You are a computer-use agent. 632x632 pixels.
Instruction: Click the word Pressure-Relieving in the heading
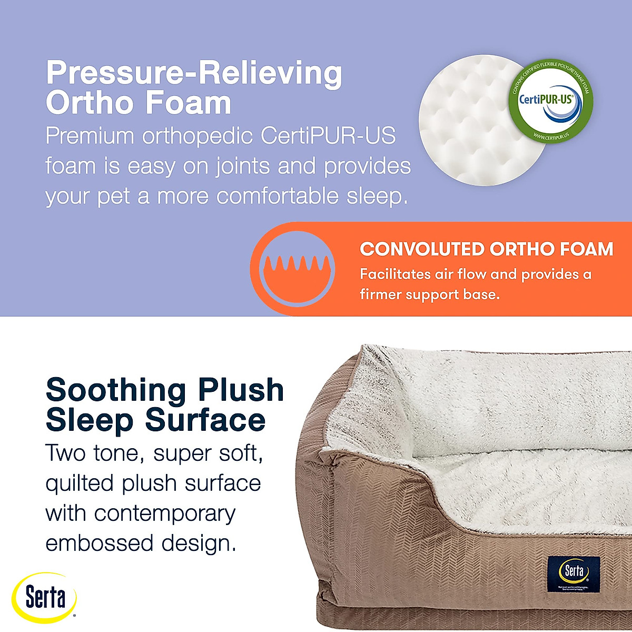(194, 74)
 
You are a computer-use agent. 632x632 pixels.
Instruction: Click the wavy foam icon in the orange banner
(299, 269)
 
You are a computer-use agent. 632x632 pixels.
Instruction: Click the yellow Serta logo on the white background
(45, 597)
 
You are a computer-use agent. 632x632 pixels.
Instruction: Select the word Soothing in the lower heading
(116, 390)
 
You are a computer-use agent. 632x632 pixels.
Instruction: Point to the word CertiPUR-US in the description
(328, 136)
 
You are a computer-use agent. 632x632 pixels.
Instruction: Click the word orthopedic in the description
(198, 136)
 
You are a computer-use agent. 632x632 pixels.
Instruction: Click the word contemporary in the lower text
(165, 513)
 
